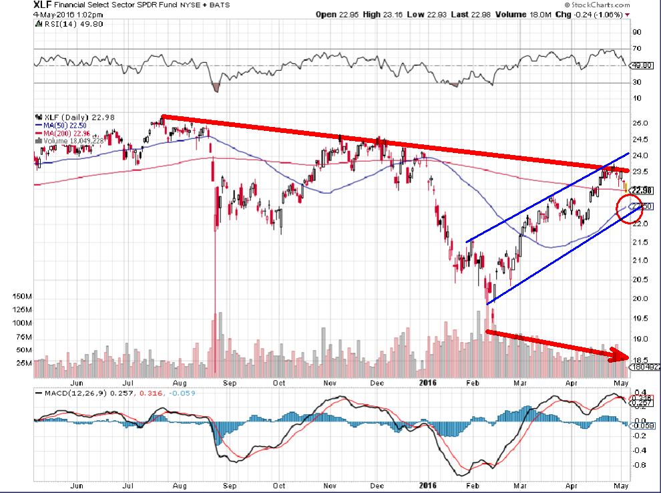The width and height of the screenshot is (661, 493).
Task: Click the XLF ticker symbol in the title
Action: (x=42, y=5)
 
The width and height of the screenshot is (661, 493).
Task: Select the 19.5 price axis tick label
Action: (x=640, y=319)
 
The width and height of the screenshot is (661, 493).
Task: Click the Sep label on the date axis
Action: (x=231, y=383)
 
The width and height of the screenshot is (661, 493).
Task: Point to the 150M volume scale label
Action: (x=22, y=296)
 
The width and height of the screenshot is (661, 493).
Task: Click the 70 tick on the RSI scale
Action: (x=638, y=49)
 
